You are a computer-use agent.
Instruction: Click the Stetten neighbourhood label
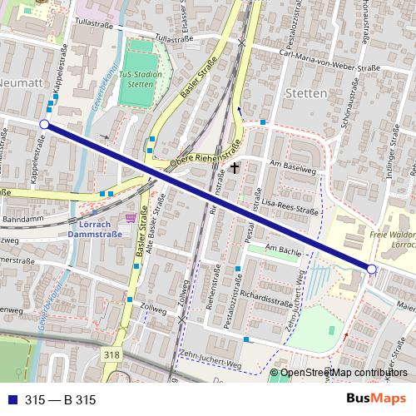click(x=305, y=93)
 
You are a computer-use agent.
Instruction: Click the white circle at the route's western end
click(x=43, y=125)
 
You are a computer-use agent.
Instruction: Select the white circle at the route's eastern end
click(x=372, y=269)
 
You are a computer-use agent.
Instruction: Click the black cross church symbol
click(x=235, y=168)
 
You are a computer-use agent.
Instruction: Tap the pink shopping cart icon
click(x=130, y=218)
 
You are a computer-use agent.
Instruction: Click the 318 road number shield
click(x=112, y=354)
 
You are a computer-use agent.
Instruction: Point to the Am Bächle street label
click(x=280, y=248)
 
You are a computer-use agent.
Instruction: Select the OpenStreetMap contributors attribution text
click(x=344, y=374)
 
